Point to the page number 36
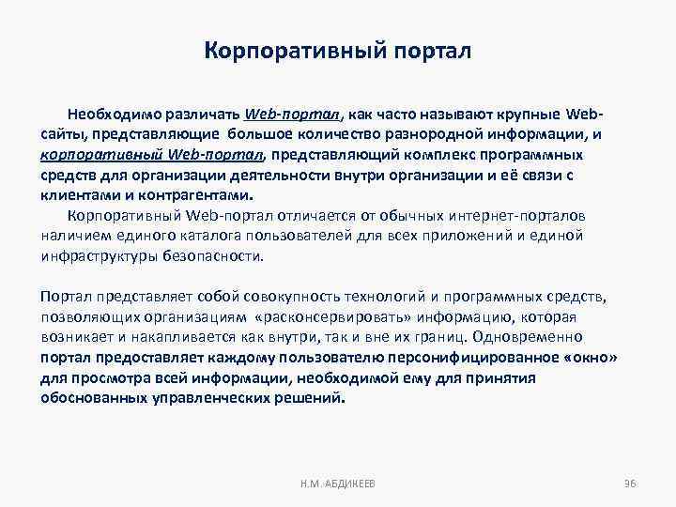630,483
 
